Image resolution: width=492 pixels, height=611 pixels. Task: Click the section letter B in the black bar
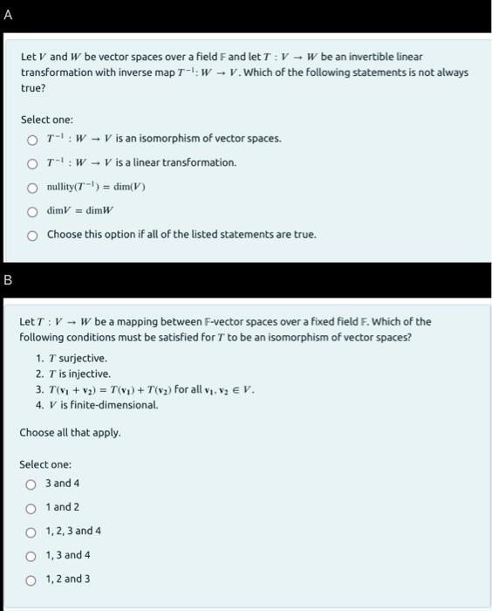8,281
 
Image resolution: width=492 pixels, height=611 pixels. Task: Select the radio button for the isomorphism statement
31,140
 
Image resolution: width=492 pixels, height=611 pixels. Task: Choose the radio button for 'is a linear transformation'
31,163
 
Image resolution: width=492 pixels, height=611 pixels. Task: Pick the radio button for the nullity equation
31,187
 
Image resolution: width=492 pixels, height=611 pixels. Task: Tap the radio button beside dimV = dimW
31,210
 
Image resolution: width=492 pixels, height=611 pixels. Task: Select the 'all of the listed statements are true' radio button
31,234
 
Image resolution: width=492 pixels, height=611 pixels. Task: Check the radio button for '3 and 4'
31,484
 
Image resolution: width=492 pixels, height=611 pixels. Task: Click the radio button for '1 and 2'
31,508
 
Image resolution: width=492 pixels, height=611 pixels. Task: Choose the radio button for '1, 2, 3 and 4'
31,532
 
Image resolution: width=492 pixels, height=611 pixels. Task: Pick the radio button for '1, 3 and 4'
31,555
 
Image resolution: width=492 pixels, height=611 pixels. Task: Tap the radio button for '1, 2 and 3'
31,579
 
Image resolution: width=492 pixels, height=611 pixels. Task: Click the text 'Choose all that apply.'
71,433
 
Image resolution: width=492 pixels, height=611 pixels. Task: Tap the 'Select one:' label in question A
46,119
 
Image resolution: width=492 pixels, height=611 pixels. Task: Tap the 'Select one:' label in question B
46,464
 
